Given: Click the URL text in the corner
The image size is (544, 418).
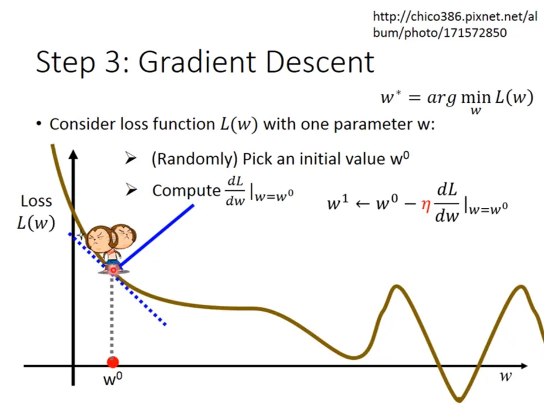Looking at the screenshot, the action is (x=455, y=25).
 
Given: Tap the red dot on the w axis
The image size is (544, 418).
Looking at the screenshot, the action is (x=113, y=362).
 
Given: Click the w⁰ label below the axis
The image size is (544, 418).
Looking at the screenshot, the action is (x=113, y=379).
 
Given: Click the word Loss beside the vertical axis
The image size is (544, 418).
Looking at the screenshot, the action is (x=36, y=201).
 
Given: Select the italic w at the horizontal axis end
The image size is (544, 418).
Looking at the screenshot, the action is (x=505, y=376).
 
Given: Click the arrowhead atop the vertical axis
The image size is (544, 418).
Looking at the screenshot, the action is (x=73, y=156).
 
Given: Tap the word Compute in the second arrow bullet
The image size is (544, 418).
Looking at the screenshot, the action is (x=185, y=191).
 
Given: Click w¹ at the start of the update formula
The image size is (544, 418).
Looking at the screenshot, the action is (x=337, y=205).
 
